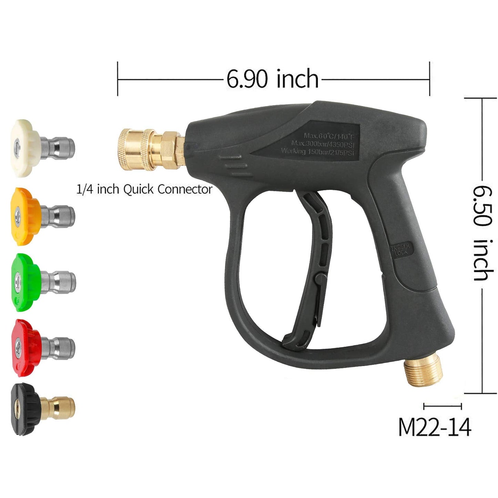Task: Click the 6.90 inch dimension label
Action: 272,79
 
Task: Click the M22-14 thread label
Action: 435,428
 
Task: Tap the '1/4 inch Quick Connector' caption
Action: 144,189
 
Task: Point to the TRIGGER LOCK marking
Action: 400,249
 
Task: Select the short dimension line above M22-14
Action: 443,407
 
